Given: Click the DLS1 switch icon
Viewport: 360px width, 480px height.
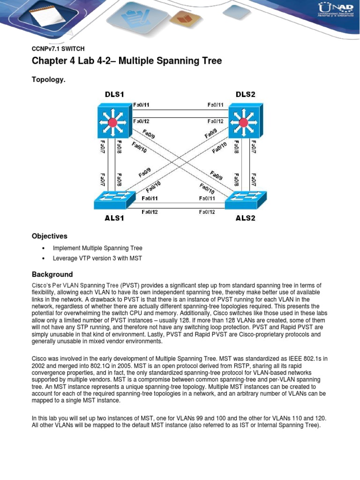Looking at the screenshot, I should [112, 123].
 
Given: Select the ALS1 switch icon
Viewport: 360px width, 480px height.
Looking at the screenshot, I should [112, 201].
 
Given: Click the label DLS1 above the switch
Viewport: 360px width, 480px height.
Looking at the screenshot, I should [114, 94].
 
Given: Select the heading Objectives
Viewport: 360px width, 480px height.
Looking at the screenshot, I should [50, 236].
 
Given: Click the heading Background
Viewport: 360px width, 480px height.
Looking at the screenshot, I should [52, 274].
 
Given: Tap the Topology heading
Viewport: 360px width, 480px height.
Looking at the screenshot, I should [48, 80].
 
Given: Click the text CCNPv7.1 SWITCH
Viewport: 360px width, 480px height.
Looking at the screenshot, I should [58, 48].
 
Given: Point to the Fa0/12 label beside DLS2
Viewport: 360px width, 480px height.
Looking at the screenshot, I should [216, 121].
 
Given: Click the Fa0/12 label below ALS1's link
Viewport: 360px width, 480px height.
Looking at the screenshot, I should [150, 212].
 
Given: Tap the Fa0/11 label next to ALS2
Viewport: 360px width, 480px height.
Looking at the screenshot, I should [207, 198].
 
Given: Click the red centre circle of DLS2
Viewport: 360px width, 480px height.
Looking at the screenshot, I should [243, 123].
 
